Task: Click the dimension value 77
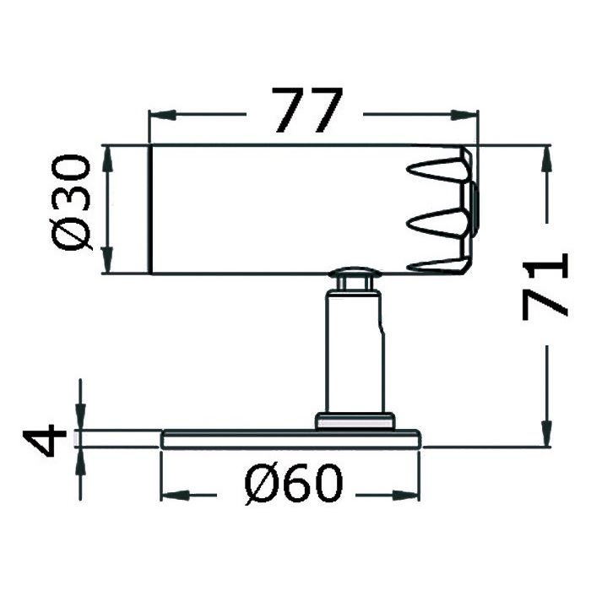tap(307, 111)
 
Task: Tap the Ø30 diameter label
tap(71, 204)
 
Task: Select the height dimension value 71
tap(545, 286)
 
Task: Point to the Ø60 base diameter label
tap(295, 483)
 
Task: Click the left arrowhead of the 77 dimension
tap(163, 115)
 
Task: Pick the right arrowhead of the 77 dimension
tap(464, 115)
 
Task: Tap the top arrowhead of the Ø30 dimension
tap(108, 160)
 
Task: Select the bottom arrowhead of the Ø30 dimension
tap(108, 259)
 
